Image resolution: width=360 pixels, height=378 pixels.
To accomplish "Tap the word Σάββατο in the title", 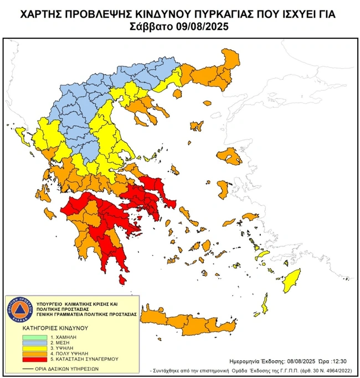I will pyautogui.click(x=153, y=26).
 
